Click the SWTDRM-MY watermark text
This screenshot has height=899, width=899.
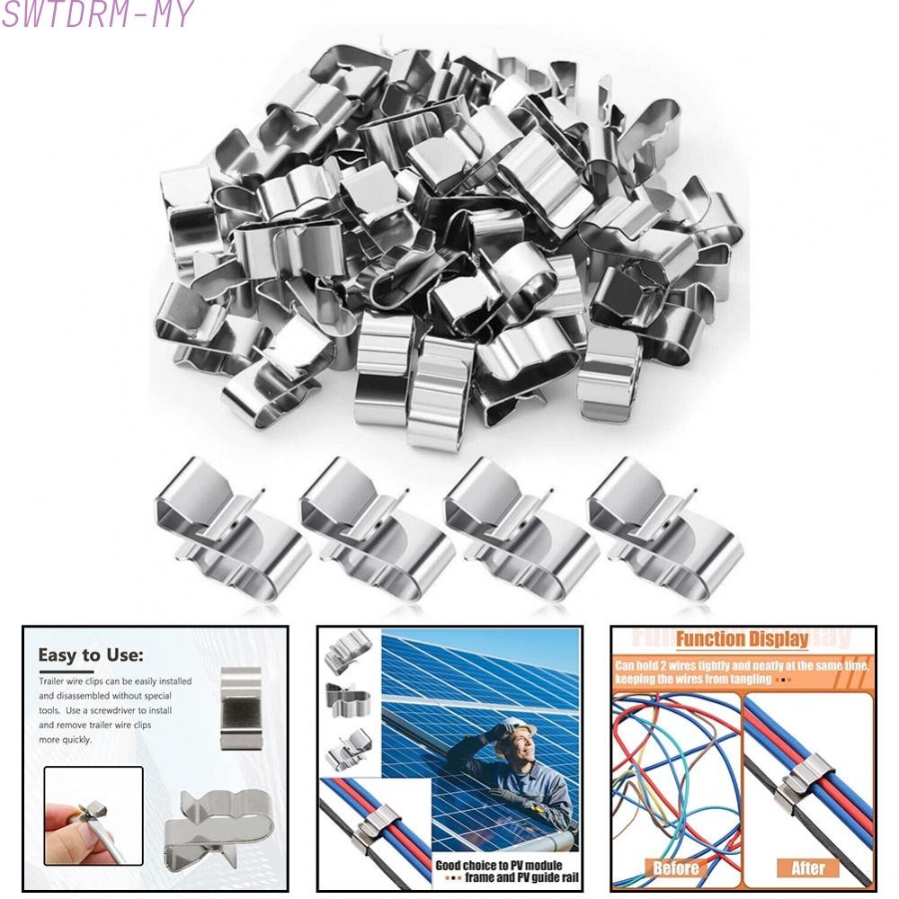click(x=97, y=15)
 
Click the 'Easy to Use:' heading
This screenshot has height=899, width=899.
click(x=90, y=655)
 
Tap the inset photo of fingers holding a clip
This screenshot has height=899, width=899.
click(x=93, y=815)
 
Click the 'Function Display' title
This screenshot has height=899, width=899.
click(x=742, y=640)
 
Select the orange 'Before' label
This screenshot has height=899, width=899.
click(x=675, y=868)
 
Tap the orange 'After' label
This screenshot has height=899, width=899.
click(x=807, y=868)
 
